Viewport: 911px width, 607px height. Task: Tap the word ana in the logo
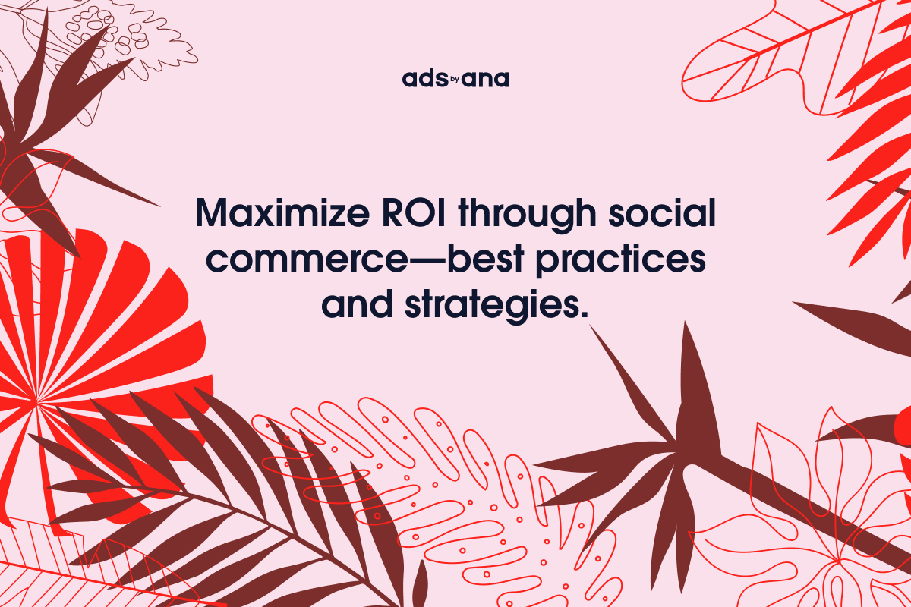490,80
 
